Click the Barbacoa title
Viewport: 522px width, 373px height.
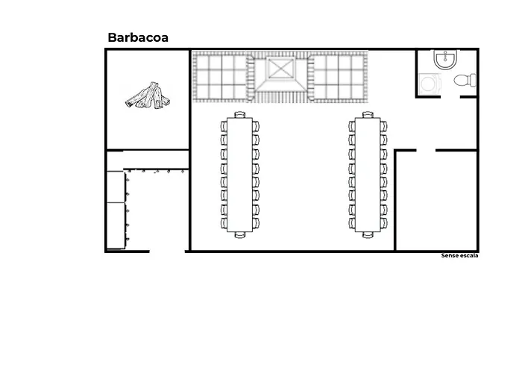(138, 37)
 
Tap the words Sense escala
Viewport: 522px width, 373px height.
(459, 256)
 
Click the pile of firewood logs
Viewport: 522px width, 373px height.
(148, 95)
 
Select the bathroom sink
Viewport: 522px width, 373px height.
(445, 60)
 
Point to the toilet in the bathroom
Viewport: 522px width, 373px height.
(465, 81)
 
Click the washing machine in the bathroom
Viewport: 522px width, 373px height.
(429, 84)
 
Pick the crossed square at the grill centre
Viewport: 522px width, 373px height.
(281, 69)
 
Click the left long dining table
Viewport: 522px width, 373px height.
(239, 175)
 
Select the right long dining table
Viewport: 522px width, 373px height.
(368, 175)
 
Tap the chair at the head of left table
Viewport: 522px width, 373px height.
(239, 115)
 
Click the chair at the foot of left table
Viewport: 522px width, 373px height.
(239, 235)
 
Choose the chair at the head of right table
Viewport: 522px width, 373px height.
(368, 115)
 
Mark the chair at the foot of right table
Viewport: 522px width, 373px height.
(368, 235)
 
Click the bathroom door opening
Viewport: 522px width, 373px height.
(450, 97)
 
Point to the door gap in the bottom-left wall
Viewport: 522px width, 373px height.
(167, 251)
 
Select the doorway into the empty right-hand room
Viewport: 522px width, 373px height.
(426, 150)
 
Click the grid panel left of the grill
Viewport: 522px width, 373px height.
(221, 77)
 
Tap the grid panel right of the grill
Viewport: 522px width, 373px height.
(339, 77)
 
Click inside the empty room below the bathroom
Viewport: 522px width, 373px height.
(436, 201)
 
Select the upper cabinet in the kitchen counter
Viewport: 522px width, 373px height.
(116, 186)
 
